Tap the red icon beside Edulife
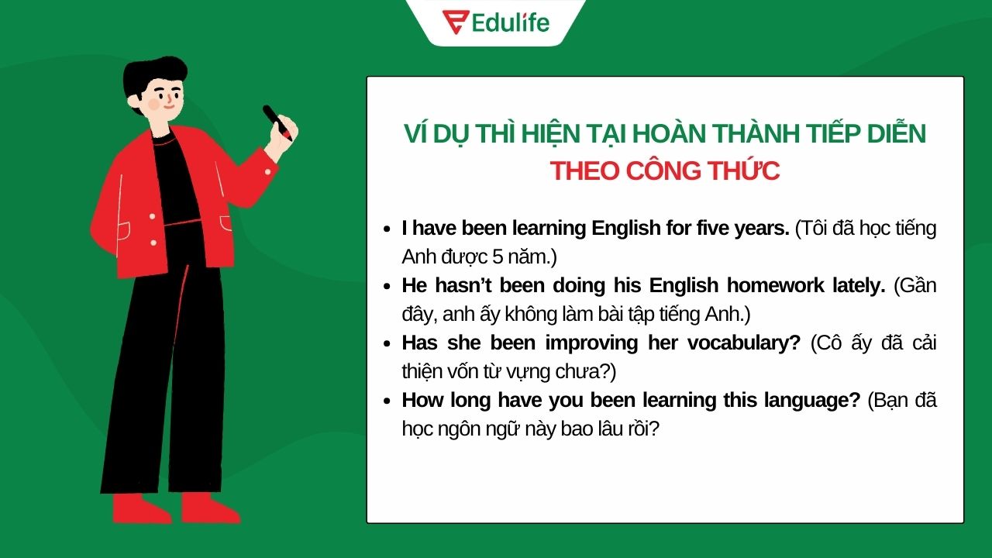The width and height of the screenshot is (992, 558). (454, 22)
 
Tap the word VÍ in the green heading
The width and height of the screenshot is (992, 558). (418, 133)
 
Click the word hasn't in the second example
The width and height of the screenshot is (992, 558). (464, 285)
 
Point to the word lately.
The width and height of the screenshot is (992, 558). (858, 285)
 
